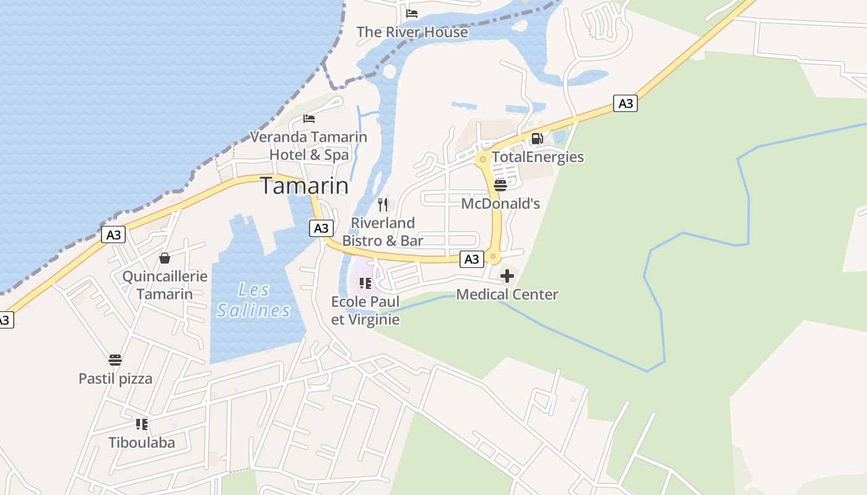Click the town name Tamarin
click(x=304, y=186)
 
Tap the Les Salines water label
click(x=254, y=299)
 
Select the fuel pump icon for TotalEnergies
click(x=538, y=139)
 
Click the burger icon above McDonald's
click(x=500, y=186)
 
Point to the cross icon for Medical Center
click(x=507, y=276)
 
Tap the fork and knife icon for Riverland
click(x=383, y=205)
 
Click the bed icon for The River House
click(x=412, y=14)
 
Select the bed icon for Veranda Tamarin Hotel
click(x=309, y=119)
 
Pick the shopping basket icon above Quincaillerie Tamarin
click(x=165, y=258)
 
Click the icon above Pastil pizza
click(x=115, y=360)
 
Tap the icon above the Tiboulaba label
click(x=142, y=424)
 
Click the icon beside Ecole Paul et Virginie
click(x=365, y=284)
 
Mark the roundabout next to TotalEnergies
click(x=483, y=159)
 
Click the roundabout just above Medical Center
click(x=493, y=256)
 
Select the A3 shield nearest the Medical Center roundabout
click(x=472, y=259)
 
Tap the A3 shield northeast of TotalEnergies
click(x=625, y=103)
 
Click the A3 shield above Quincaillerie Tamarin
click(x=113, y=235)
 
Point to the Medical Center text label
click(x=507, y=295)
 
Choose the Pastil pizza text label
click(x=115, y=379)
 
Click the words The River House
click(x=412, y=32)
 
